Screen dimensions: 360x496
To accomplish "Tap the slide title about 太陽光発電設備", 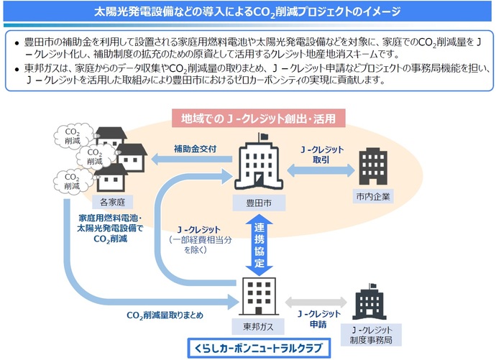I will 248,12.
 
